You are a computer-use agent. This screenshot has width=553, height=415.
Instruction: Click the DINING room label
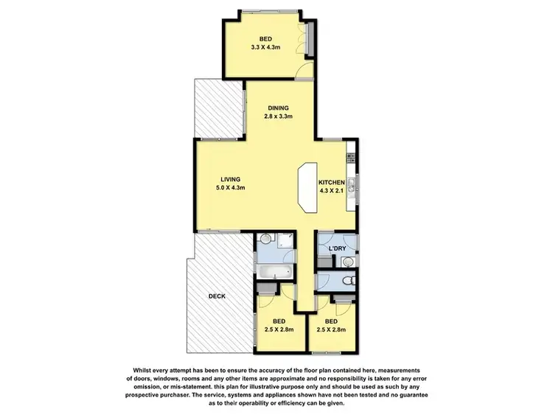[279, 108]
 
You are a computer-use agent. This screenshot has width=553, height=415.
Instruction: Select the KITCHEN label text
[331, 182]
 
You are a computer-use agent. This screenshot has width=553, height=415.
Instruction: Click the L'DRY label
[337, 248]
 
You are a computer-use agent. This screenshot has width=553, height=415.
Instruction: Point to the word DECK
[216, 296]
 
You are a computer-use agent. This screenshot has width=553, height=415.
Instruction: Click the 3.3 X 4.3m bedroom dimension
[266, 47]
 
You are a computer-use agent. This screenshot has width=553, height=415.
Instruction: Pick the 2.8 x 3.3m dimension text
[279, 116]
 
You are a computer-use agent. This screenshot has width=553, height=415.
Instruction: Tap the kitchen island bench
[306, 189]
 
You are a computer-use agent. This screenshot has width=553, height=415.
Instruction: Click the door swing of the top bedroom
[302, 72]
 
